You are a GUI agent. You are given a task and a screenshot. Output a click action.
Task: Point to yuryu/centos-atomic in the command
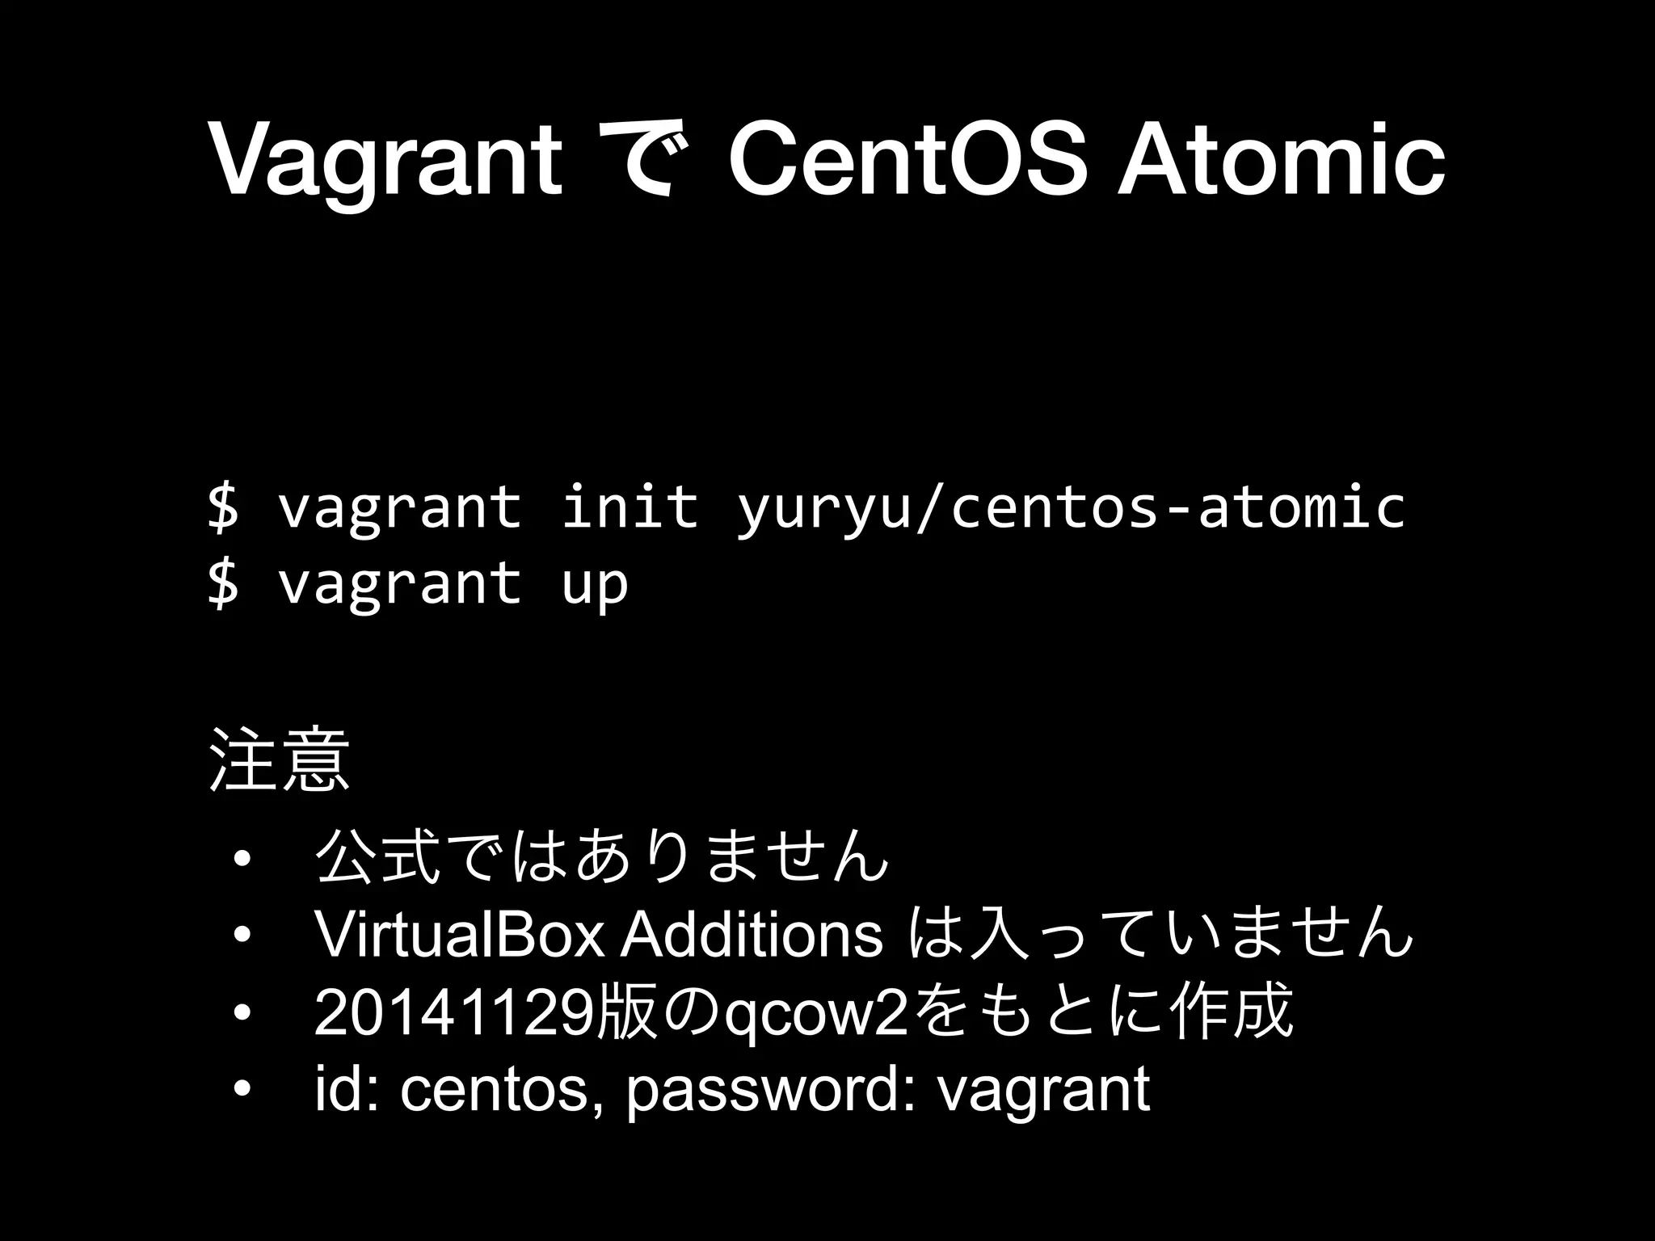pyautogui.click(x=1071, y=507)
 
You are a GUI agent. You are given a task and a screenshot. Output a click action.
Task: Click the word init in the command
pyautogui.click(x=630, y=506)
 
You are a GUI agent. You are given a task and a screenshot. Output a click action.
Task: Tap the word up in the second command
pyautogui.click(x=594, y=583)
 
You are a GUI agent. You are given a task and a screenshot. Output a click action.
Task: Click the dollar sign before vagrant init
pyautogui.click(x=223, y=507)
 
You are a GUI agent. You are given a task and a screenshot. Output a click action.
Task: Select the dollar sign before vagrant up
pyautogui.click(x=223, y=583)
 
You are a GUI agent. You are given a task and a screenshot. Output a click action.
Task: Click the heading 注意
pyautogui.click(x=280, y=760)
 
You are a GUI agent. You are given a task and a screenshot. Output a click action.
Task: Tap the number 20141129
pyautogui.click(x=453, y=1013)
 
